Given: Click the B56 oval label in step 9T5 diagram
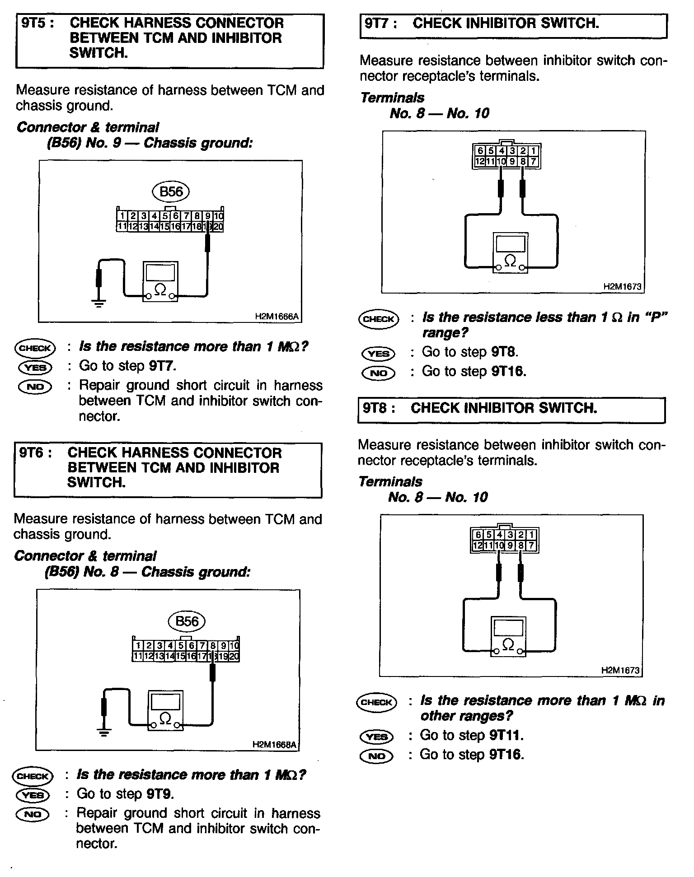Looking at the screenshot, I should tap(171, 192).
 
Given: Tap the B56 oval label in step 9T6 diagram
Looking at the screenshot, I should tap(187, 621).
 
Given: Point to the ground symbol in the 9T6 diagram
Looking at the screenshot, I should tap(104, 732).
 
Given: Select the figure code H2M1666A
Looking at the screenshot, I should tap(277, 317).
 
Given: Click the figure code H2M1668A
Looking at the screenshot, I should tap(275, 745).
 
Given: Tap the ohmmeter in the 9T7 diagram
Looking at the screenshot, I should tap(510, 253).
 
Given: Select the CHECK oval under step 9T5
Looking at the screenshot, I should tap(35, 348).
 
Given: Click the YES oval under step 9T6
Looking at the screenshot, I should tap(33, 795).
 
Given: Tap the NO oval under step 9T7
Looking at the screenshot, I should tap(378, 373).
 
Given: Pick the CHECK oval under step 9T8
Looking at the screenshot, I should tap(377, 702).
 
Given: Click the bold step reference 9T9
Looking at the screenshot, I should tap(160, 794).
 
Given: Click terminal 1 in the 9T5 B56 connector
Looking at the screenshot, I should tap(122, 216).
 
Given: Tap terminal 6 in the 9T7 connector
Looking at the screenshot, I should tap(479, 151).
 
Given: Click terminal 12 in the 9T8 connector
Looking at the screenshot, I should tap(477, 546).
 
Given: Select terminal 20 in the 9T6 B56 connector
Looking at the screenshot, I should tap(234, 656).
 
